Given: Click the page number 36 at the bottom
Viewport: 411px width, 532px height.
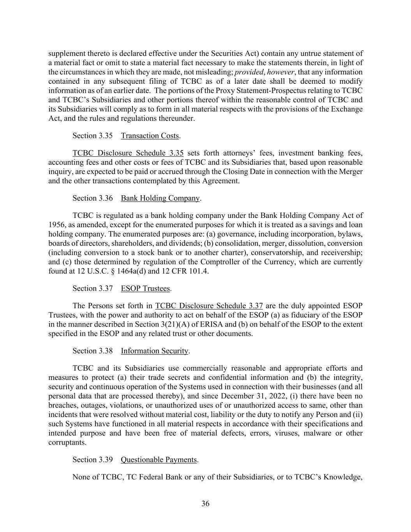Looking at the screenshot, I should coord(205,504).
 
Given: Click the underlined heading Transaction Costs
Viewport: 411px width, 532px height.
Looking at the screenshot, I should coord(150,136).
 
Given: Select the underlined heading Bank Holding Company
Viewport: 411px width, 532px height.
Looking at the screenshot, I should coord(160,198).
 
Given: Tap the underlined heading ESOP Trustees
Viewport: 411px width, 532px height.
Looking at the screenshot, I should coord(145,288).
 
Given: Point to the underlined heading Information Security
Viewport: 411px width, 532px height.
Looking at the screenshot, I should coord(154,351).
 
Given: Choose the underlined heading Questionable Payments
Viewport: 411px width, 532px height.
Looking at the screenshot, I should coord(159,460).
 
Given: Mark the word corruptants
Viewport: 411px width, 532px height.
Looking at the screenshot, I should coord(67,442).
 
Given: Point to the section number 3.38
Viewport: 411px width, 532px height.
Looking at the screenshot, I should coord(105,351).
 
